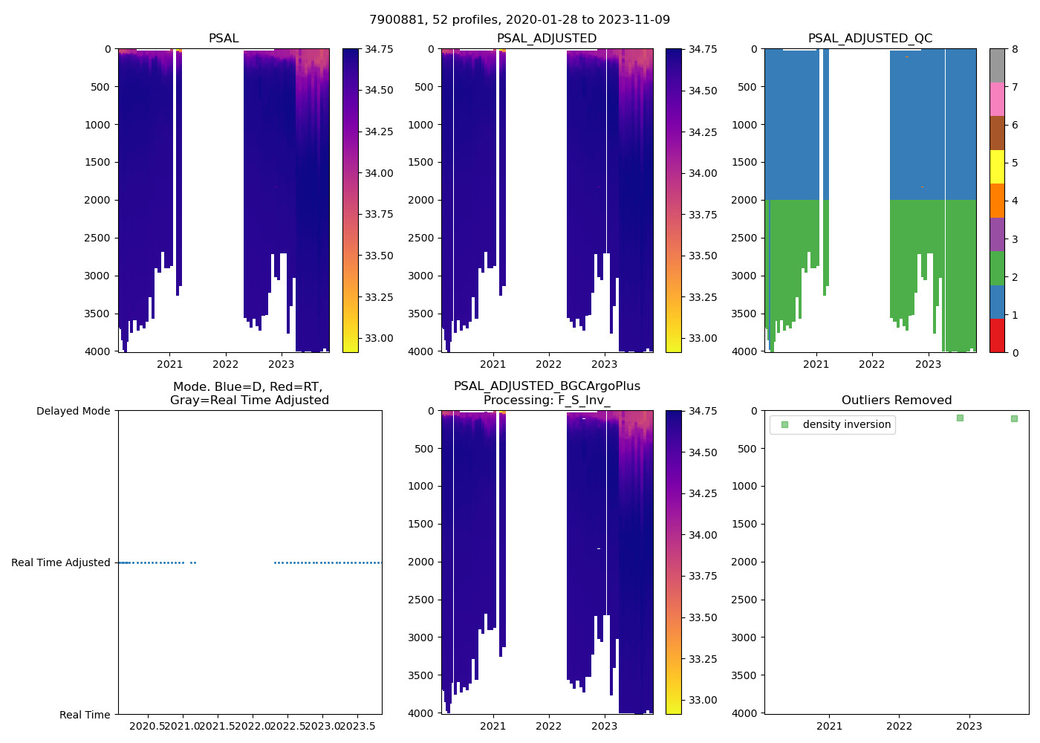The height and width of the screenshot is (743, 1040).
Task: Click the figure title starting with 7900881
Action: [x=519, y=20]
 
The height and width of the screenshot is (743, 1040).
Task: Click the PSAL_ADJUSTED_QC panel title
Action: [x=870, y=39]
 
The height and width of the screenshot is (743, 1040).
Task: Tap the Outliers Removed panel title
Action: [x=896, y=400]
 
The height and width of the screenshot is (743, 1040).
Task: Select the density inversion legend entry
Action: [x=846, y=424]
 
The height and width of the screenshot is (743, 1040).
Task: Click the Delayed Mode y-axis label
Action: [x=73, y=411]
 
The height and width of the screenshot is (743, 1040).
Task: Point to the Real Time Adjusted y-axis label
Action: [x=61, y=562]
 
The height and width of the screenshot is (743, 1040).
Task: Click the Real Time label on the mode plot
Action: [x=85, y=715]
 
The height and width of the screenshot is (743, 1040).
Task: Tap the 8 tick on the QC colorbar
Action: [x=1015, y=49]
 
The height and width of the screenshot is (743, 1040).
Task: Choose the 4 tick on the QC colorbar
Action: [x=1015, y=201]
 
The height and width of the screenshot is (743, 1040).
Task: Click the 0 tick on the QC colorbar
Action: [x=1015, y=352]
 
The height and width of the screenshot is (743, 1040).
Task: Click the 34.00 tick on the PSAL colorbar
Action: [x=379, y=173]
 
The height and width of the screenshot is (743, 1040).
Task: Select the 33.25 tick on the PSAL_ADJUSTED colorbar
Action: [x=703, y=297]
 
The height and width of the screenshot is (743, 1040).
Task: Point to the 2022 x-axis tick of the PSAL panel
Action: [x=226, y=364]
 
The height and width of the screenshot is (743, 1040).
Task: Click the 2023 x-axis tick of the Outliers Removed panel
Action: [x=969, y=726]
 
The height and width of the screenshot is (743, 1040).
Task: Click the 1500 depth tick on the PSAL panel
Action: [x=97, y=162]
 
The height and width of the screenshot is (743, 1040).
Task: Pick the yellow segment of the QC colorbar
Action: [x=997, y=167]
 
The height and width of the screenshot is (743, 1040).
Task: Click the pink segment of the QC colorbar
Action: [x=997, y=99]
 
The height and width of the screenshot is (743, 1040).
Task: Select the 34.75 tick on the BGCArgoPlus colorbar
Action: [x=703, y=411]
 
